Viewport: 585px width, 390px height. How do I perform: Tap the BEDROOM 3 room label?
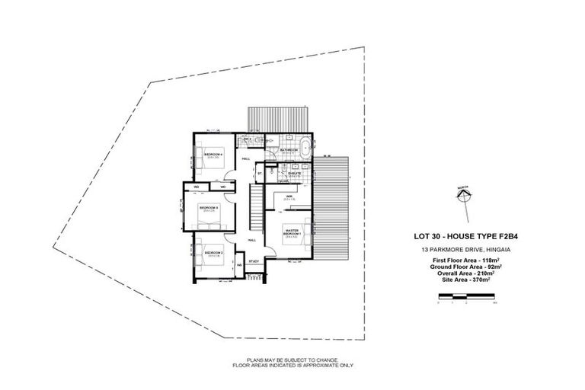(209, 206)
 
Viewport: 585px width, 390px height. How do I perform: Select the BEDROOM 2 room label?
(213, 252)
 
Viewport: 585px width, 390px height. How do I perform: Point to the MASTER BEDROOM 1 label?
(292, 232)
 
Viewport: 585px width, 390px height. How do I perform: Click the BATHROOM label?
(288, 150)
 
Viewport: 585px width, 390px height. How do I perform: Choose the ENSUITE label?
(294, 174)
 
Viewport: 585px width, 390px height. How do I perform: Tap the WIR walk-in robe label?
(289, 197)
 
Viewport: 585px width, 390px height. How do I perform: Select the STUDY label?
(254, 261)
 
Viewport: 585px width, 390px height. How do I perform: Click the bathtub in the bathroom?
(304, 144)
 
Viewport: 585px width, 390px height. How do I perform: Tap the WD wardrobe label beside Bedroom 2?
(239, 265)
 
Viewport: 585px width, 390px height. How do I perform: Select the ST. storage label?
(260, 173)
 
